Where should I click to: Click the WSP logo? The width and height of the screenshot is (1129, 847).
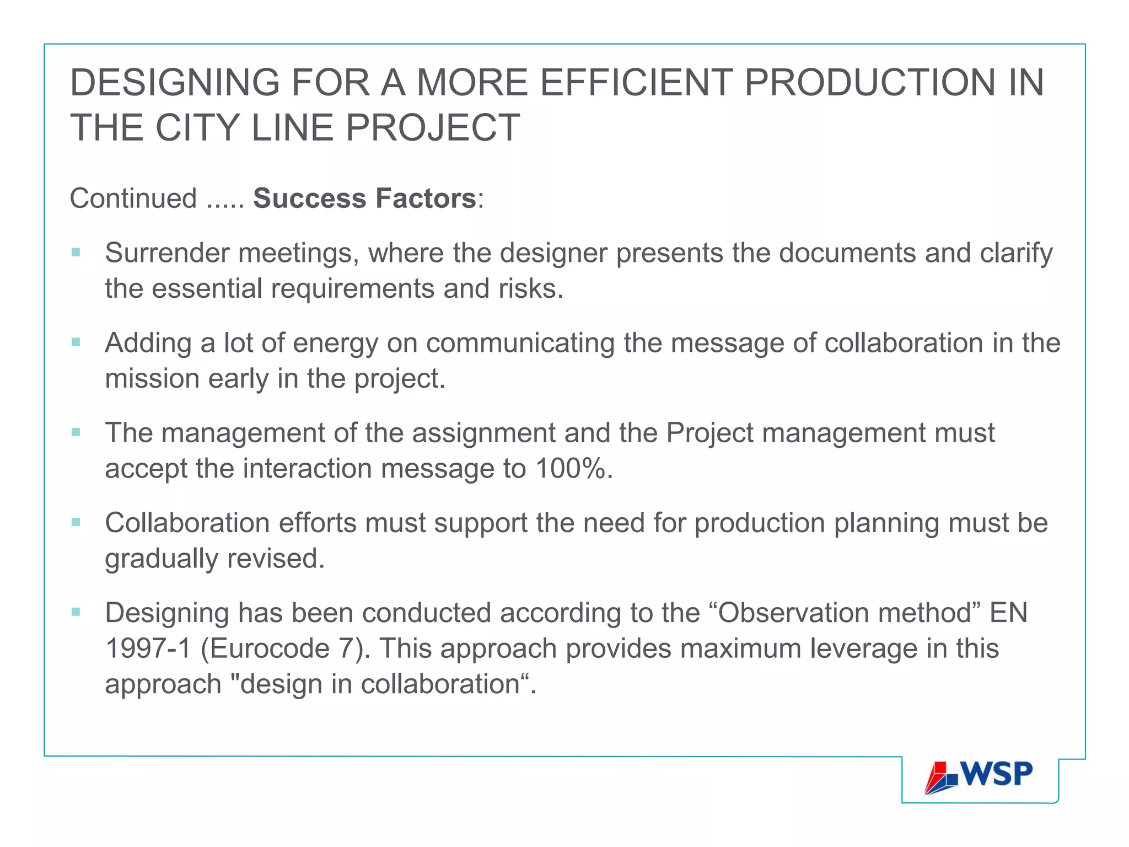coord(979,776)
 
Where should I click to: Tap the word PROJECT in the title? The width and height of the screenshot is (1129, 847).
coord(433,128)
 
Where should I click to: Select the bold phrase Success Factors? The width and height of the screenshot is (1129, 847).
coord(364,199)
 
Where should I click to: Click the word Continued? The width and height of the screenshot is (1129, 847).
coord(133,199)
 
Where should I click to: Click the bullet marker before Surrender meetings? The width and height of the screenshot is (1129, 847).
coord(76,253)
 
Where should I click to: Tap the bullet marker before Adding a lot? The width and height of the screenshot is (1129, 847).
coord(76,342)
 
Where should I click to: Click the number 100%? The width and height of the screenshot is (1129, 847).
coord(573,469)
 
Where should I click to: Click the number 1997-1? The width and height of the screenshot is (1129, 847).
coord(148,648)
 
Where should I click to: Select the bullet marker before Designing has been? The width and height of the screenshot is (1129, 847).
coord(76,612)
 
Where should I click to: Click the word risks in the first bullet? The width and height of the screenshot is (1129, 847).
coord(530,289)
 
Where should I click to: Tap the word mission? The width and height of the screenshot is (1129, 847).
coord(152,379)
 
